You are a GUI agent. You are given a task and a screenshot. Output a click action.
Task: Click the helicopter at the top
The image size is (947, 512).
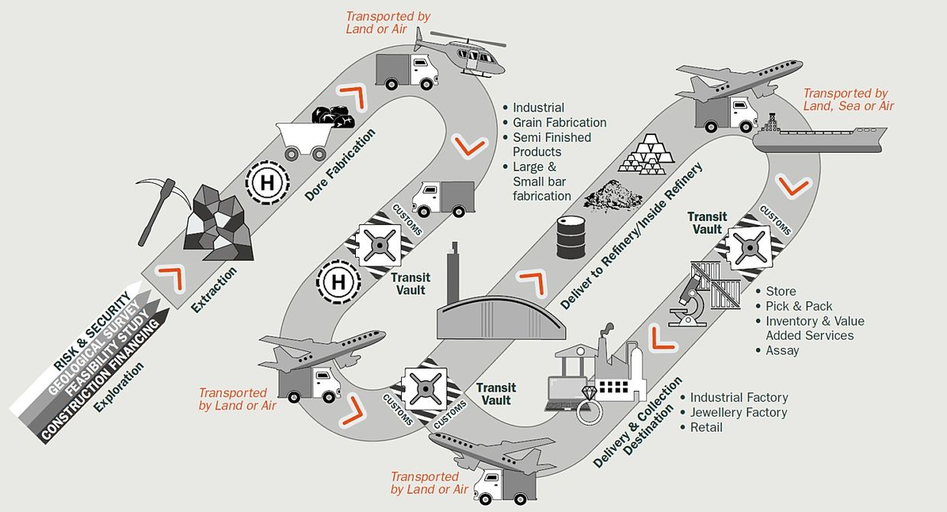461,53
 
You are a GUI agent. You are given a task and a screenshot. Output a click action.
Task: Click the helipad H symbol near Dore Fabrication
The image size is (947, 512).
267,183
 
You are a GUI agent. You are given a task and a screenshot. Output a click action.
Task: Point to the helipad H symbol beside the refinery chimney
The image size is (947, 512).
338,282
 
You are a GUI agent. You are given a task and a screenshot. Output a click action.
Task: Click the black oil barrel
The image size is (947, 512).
570,237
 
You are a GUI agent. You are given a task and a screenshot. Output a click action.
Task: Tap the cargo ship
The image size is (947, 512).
819,134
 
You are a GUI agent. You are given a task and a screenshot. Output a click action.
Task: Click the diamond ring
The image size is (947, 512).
590,405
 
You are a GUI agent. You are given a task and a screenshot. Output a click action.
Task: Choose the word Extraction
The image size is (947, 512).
214,290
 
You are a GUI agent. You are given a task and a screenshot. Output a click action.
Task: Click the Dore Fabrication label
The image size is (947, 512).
340,165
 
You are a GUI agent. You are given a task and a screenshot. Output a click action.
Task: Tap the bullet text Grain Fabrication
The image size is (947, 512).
559,123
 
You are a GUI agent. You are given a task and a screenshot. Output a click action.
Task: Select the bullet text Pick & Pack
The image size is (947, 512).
799,306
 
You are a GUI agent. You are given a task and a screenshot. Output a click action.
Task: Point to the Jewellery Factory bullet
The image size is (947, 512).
739,412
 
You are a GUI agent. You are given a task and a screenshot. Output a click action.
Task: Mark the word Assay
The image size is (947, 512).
782,351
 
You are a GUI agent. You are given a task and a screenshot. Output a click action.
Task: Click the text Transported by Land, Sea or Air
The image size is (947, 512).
848,99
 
